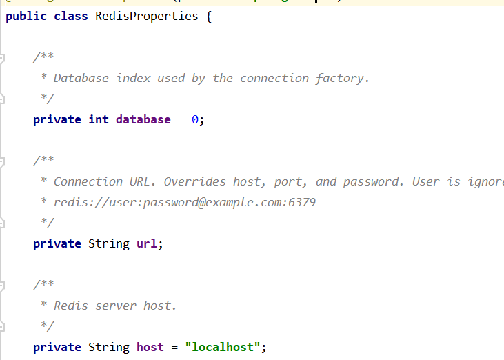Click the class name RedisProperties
[x=146, y=16]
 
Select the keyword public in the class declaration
[x=26, y=16]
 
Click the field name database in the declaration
[x=143, y=119]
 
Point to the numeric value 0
[x=195, y=119]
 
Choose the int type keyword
[x=99, y=119]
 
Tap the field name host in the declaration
[x=150, y=347]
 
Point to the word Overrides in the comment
[x=194, y=181]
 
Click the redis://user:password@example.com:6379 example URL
[x=184, y=202]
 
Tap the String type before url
[x=108, y=243]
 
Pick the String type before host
[x=108, y=347]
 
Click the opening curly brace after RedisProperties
[x=208, y=16]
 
